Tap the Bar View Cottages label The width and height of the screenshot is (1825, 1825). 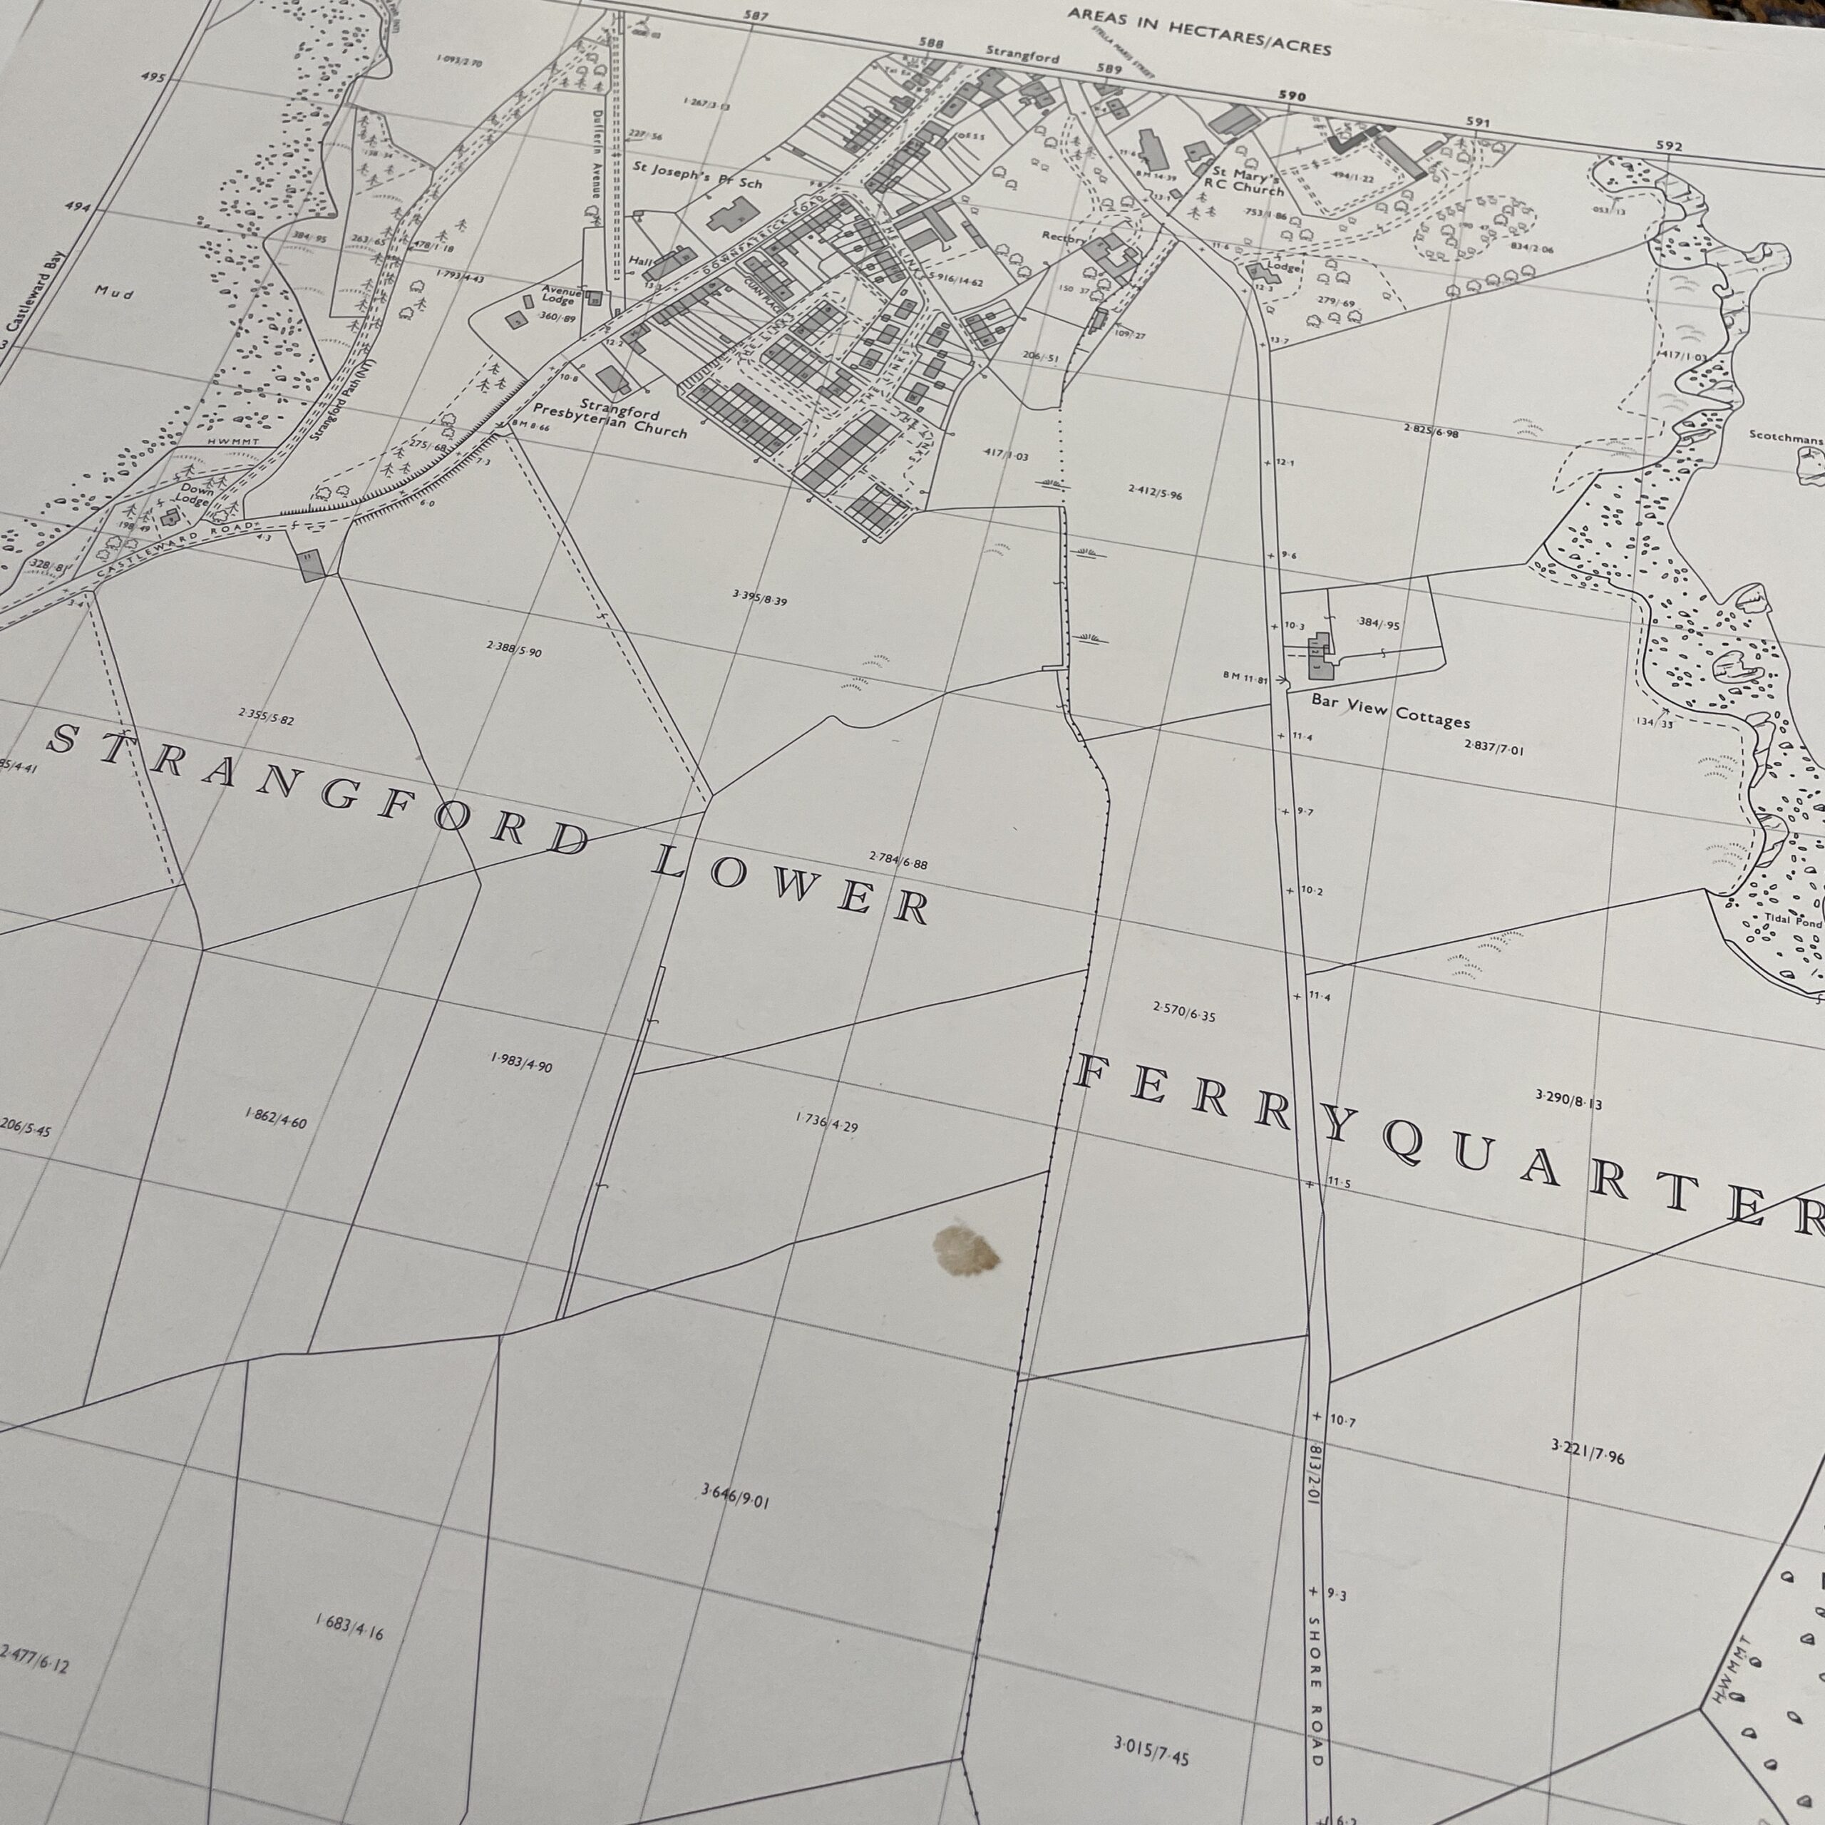pos(1389,712)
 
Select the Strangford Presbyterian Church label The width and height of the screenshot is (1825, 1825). pos(610,421)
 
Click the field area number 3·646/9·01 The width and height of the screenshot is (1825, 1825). pos(735,1496)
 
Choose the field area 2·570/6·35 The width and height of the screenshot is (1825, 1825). pos(1183,1012)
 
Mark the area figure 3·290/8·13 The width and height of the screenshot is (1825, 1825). pos(1568,1099)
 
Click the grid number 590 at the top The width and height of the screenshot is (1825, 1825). pos(1290,96)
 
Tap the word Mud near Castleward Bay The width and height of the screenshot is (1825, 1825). pos(113,293)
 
